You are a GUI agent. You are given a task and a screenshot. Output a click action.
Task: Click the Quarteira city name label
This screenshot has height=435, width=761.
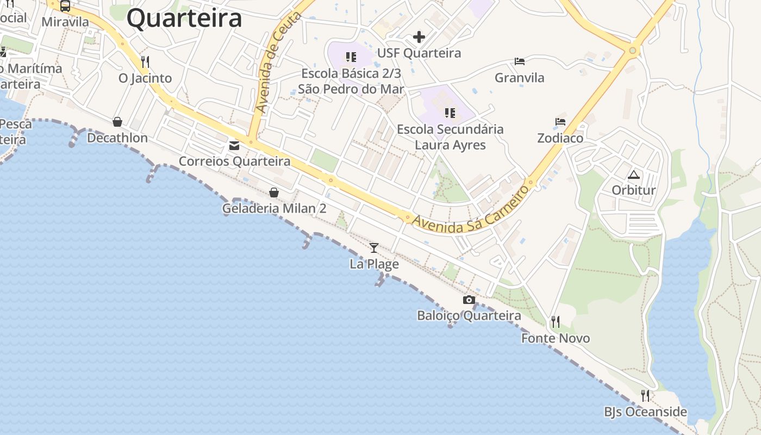point(184,18)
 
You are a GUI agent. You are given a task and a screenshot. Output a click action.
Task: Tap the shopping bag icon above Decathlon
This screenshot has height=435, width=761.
point(117,122)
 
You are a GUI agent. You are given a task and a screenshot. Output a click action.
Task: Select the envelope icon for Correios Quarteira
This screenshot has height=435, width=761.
point(234,146)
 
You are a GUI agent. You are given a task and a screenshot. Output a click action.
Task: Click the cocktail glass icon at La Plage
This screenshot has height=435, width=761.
point(374,248)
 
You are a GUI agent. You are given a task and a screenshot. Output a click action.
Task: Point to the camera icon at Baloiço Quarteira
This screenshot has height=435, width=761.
point(469,300)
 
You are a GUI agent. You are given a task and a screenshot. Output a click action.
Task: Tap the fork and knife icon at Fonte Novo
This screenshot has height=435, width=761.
point(555,322)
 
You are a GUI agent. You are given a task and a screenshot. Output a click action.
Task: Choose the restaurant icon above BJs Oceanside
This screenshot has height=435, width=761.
point(645,395)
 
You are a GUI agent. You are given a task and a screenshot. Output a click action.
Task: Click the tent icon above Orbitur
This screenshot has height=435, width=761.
point(633,175)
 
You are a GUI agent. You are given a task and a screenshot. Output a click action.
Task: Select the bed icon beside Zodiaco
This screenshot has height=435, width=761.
point(560,122)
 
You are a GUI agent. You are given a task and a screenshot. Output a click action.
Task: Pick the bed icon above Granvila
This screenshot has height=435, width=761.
point(520,61)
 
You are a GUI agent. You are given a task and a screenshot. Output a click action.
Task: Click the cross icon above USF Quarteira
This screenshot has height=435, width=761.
point(419,37)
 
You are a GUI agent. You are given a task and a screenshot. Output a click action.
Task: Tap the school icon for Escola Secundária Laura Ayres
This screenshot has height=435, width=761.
point(450,113)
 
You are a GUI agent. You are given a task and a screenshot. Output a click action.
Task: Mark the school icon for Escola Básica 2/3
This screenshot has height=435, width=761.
point(351,57)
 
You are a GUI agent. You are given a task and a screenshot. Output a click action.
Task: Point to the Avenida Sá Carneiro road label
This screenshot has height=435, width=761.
point(471,210)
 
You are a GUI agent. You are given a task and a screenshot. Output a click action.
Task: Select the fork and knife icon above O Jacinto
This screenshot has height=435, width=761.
point(145,61)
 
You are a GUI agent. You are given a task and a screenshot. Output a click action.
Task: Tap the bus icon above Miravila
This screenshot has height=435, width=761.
point(65,6)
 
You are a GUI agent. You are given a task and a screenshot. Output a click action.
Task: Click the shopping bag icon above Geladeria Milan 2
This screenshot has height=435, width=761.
point(274,192)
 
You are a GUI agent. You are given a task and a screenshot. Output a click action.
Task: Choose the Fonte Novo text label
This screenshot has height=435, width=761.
point(556,338)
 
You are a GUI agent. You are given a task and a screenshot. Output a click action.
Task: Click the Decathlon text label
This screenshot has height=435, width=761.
point(117,138)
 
